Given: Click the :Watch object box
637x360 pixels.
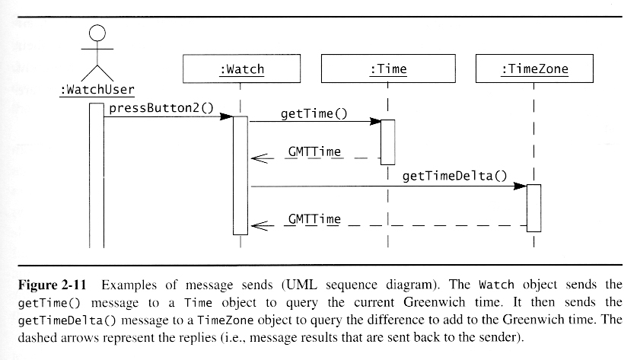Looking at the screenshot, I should pyautogui.click(x=240, y=70).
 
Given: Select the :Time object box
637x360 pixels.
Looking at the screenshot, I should pyautogui.click(x=387, y=70).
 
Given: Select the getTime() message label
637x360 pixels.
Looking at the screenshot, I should pyautogui.click(x=313, y=114).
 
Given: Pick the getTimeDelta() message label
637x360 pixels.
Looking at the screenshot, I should pyautogui.click(x=454, y=176).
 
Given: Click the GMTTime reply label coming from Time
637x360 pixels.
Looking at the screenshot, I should pyautogui.click(x=314, y=152).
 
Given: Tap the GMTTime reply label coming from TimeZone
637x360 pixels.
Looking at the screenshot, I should pyautogui.click(x=314, y=219).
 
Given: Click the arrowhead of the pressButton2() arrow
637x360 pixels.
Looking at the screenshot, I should pyautogui.click(x=226, y=116).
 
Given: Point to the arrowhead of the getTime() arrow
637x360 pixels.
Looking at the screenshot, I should pyautogui.click(x=374, y=121).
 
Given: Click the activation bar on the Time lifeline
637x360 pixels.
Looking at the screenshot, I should pyautogui.click(x=387, y=142).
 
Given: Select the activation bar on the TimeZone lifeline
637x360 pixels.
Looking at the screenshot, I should pyautogui.click(x=533, y=207).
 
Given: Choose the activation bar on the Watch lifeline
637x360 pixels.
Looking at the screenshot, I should pyautogui.click(x=240, y=175).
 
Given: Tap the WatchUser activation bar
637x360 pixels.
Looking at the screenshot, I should pyautogui.click(x=96, y=175).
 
